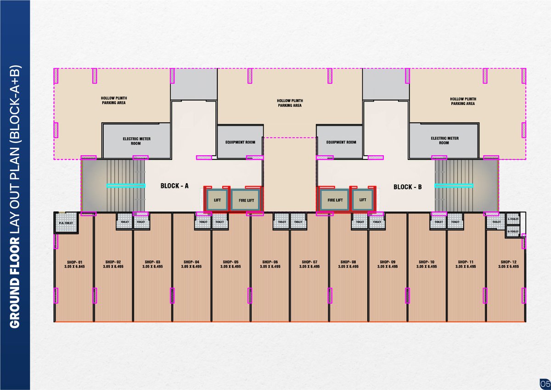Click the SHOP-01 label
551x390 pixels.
click(x=74, y=262)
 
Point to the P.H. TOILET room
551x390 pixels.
click(x=66, y=224)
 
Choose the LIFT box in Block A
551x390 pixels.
click(x=217, y=200)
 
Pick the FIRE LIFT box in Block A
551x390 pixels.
click(x=246, y=200)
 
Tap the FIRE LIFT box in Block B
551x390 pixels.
click(x=335, y=200)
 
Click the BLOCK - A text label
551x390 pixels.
click(x=174, y=187)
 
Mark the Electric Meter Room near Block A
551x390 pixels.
click(x=136, y=141)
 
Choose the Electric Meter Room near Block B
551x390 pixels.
click(x=444, y=141)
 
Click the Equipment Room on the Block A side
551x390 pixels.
click(x=240, y=142)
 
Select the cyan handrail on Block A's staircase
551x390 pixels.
click(x=126, y=186)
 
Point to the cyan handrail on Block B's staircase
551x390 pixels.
click(x=454, y=186)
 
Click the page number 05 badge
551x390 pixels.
click(x=544, y=383)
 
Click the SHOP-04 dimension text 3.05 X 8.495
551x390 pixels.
click(x=191, y=266)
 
